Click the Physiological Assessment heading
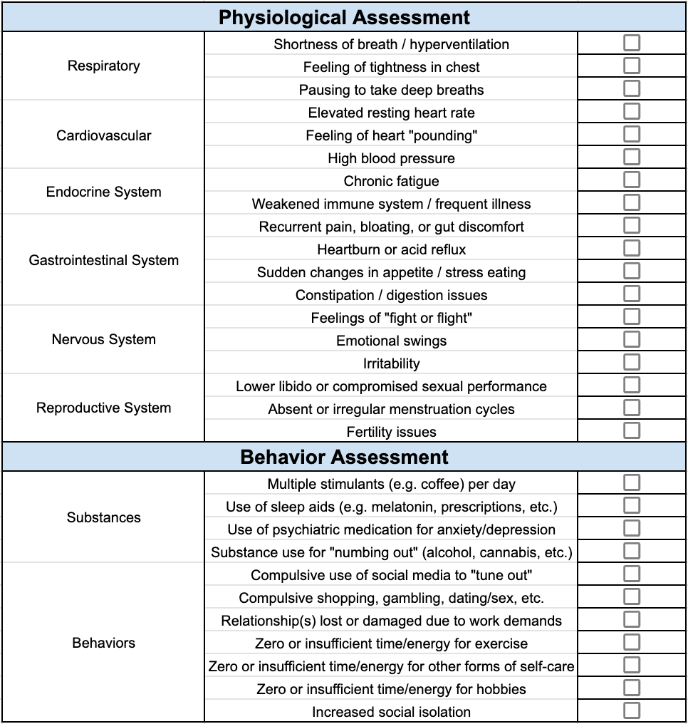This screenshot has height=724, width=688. click(344, 18)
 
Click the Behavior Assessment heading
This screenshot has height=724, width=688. click(344, 457)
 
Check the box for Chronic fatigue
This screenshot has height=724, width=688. click(632, 180)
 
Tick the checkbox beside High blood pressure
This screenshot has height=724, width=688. click(632, 157)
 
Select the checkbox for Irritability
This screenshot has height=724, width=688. click(632, 362)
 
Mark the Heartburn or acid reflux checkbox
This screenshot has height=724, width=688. click(632, 249)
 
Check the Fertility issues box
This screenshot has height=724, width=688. click(632, 430)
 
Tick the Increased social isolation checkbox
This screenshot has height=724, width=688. click(632, 710)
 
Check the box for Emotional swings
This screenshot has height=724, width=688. click(632, 339)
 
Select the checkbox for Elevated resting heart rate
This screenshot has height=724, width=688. click(632, 112)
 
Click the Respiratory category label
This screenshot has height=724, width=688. click(104, 66)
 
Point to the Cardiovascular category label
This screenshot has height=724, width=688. click(104, 135)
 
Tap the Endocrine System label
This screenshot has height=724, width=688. click(104, 192)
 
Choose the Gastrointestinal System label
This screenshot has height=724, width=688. click(104, 260)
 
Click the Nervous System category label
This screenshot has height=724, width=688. click(104, 339)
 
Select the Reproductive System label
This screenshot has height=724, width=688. click(104, 408)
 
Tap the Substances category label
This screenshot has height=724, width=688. click(104, 517)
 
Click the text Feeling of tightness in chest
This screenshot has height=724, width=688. click(391, 67)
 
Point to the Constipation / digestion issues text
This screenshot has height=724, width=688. click(391, 295)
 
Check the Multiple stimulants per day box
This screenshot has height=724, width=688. click(632, 483)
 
